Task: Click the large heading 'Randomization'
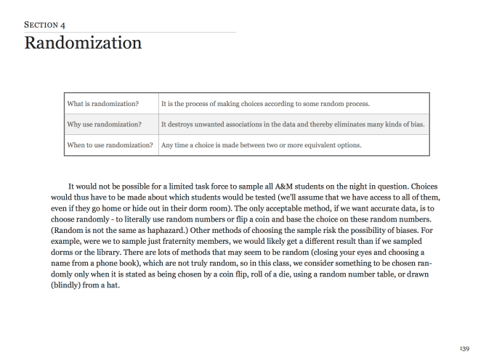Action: pyautogui.click(x=83, y=43)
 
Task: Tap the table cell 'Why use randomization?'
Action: pyautogui.click(x=103, y=124)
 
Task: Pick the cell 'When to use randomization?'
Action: pyautogui.click(x=111, y=144)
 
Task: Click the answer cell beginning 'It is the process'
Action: pyautogui.click(x=266, y=104)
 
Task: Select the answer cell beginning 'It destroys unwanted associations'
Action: pyautogui.click(x=293, y=124)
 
